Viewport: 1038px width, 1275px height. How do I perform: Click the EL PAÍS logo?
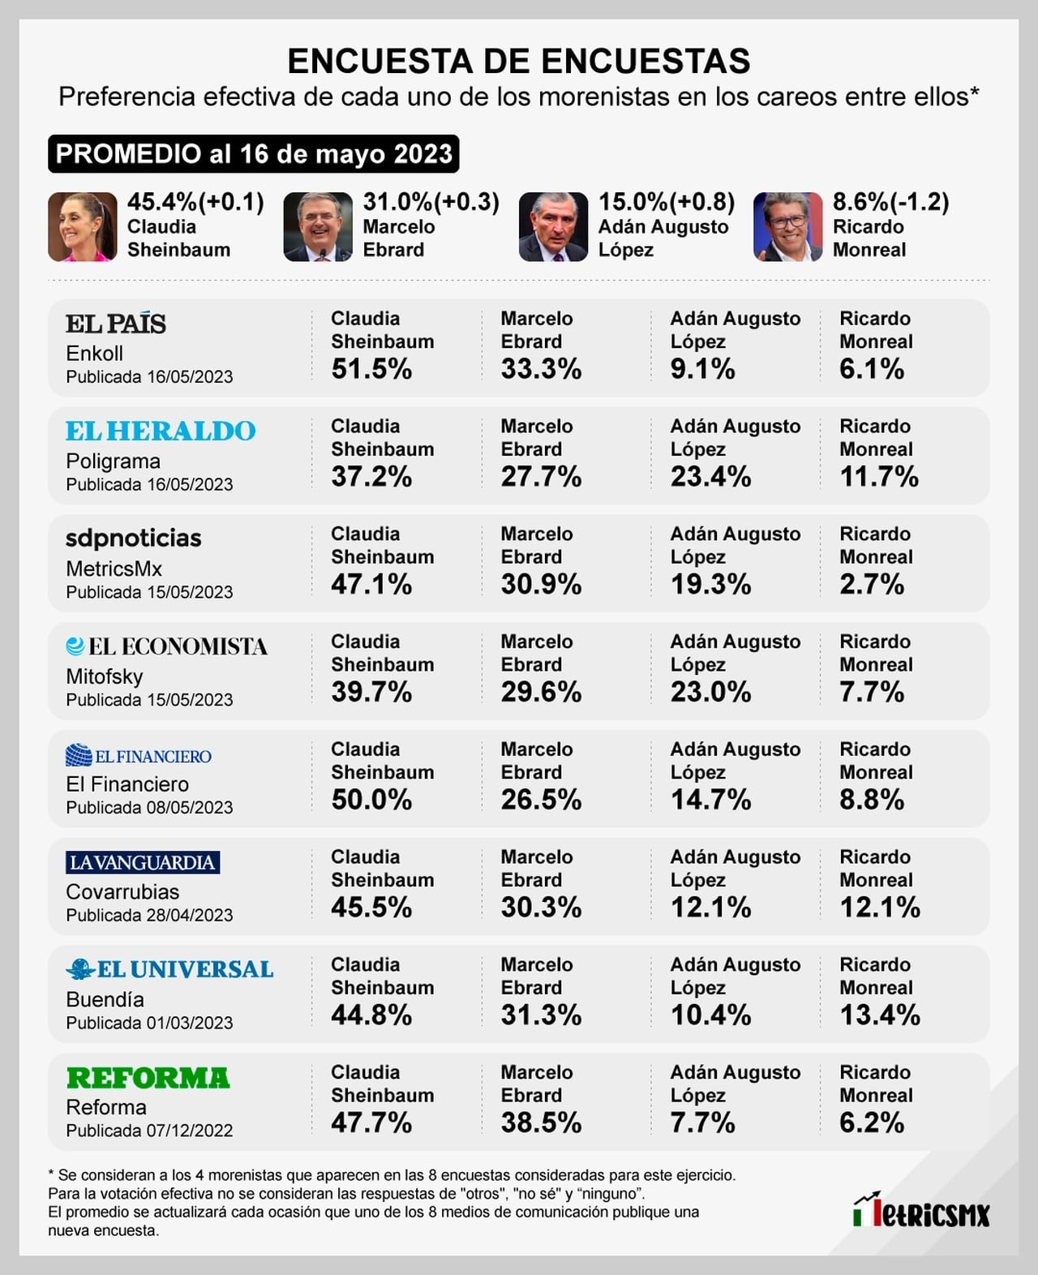116,324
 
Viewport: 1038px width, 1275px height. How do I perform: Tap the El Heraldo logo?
161,431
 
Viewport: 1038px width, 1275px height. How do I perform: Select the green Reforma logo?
148,1077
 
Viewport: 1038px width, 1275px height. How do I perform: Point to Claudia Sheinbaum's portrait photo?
82,226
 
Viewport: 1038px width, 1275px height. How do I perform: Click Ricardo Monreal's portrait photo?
787,226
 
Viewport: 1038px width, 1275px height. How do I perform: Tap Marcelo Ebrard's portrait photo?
317,226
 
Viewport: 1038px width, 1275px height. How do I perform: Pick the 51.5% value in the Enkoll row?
371,369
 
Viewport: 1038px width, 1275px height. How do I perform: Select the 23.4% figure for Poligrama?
710,477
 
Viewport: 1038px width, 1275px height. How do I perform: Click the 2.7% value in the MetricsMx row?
872,584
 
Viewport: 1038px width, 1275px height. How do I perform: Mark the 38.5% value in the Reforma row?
541,1123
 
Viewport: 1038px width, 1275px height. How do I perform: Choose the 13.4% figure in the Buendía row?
880,1015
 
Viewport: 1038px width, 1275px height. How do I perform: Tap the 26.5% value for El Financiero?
541,800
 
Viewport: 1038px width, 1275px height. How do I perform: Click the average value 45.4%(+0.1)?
195,202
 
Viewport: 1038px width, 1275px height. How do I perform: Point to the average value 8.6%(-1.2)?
891,202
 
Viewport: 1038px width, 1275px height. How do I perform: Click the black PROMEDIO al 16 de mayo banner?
253,154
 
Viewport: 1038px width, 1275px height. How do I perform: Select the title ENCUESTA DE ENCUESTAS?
519,61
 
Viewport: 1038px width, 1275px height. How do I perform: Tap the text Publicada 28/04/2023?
149,915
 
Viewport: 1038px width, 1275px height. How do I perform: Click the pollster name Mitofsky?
105,676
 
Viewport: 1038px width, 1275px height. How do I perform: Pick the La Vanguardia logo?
143,862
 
